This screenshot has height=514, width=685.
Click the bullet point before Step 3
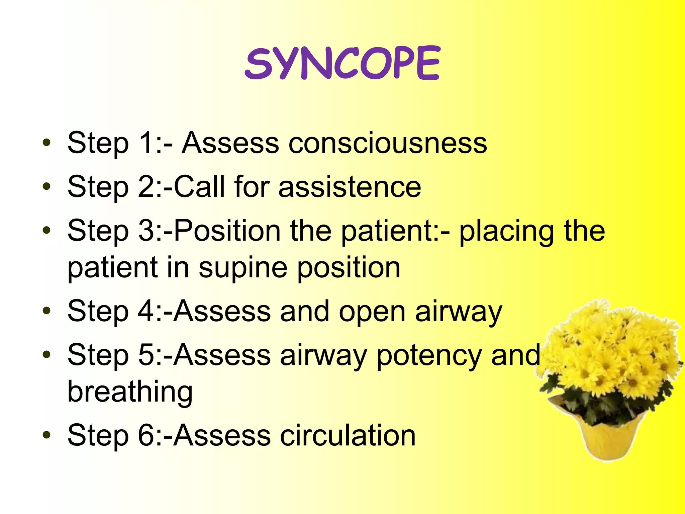pyautogui.click(x=46, y=230)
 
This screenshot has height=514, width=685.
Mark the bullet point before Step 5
pyautogui.click(x=46, y=354)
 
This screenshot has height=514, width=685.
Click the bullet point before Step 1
pyautogui.click(x=46, y=143)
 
